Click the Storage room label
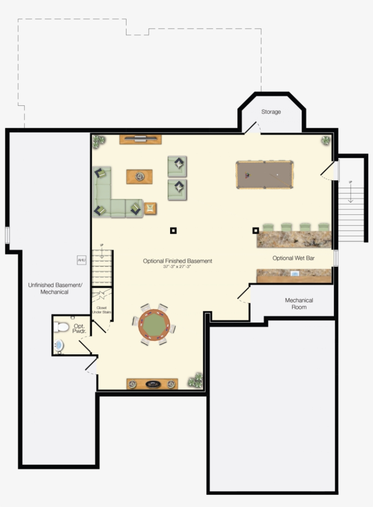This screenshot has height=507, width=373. pyautogui.click(x=271, y=112)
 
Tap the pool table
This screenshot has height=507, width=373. pyautogui.click(x=264, y=175)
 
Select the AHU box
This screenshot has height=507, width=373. pyautogui.click(x=81, y=260)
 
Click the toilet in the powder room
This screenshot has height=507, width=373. pyautogui.click(x=61, y=327)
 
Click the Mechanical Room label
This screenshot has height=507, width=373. pyautogui.click(x=299, y=303)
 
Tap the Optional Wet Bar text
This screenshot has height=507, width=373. pyautogui.click(x=293, y=258)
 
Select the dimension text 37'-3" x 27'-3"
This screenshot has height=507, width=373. pyautogui.click(x=177, y=267)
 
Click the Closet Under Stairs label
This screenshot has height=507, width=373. pyautogui.click(x=101, y=310)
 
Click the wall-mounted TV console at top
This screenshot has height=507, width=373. pyautogui.click(x=141, y=139)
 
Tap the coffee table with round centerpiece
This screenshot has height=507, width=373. pyautogui.click(x=139, y=176)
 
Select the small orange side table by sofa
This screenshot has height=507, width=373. pyautogui.click(x=150, y=209)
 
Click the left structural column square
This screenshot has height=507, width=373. pyautogui.click(x=173, y=231)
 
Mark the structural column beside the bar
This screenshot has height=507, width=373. pyautogui.click(x=256, y=230)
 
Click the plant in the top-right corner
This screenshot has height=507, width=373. pyautogui.click(x=326, y=140)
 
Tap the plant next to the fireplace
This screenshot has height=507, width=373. pyautogui.click(x=196, y=381)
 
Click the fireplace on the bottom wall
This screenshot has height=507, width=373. pyautogui.click(x=152, y=384)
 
